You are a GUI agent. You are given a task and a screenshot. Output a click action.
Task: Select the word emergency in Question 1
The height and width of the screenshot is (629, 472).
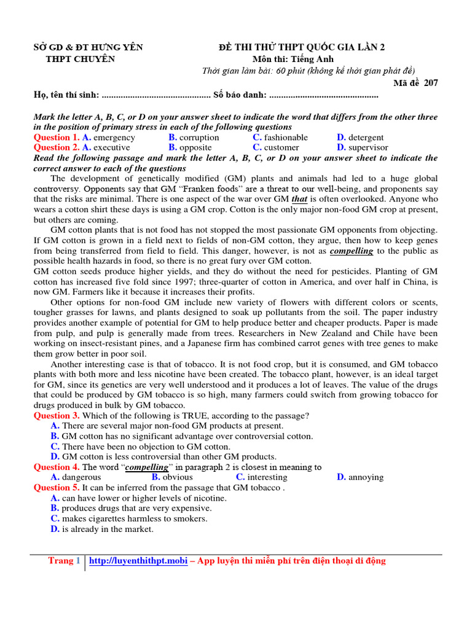pos(114,138)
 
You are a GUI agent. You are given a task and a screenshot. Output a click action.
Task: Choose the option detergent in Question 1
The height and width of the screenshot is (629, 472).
pos(366,138)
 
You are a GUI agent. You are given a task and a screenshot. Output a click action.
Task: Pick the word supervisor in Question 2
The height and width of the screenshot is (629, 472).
pos(368,147)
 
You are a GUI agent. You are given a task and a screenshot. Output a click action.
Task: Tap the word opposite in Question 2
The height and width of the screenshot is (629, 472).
pos(195,147)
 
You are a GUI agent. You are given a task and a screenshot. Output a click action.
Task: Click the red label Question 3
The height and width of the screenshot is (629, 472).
pos(57,416)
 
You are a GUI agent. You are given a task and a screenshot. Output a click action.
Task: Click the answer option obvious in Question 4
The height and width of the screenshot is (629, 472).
pos(178,477)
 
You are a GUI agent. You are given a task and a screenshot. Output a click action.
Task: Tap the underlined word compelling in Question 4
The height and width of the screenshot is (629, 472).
pos(147,467)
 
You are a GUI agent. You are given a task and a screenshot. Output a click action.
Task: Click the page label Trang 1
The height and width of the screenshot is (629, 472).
pos(65,561)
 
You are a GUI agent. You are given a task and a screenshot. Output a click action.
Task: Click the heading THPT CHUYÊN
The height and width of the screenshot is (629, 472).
pos(81,60)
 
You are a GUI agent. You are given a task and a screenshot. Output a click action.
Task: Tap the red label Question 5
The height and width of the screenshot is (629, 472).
pos(57,488)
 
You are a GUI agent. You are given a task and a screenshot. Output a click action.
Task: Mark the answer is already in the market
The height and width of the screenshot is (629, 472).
pos(108,529)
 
